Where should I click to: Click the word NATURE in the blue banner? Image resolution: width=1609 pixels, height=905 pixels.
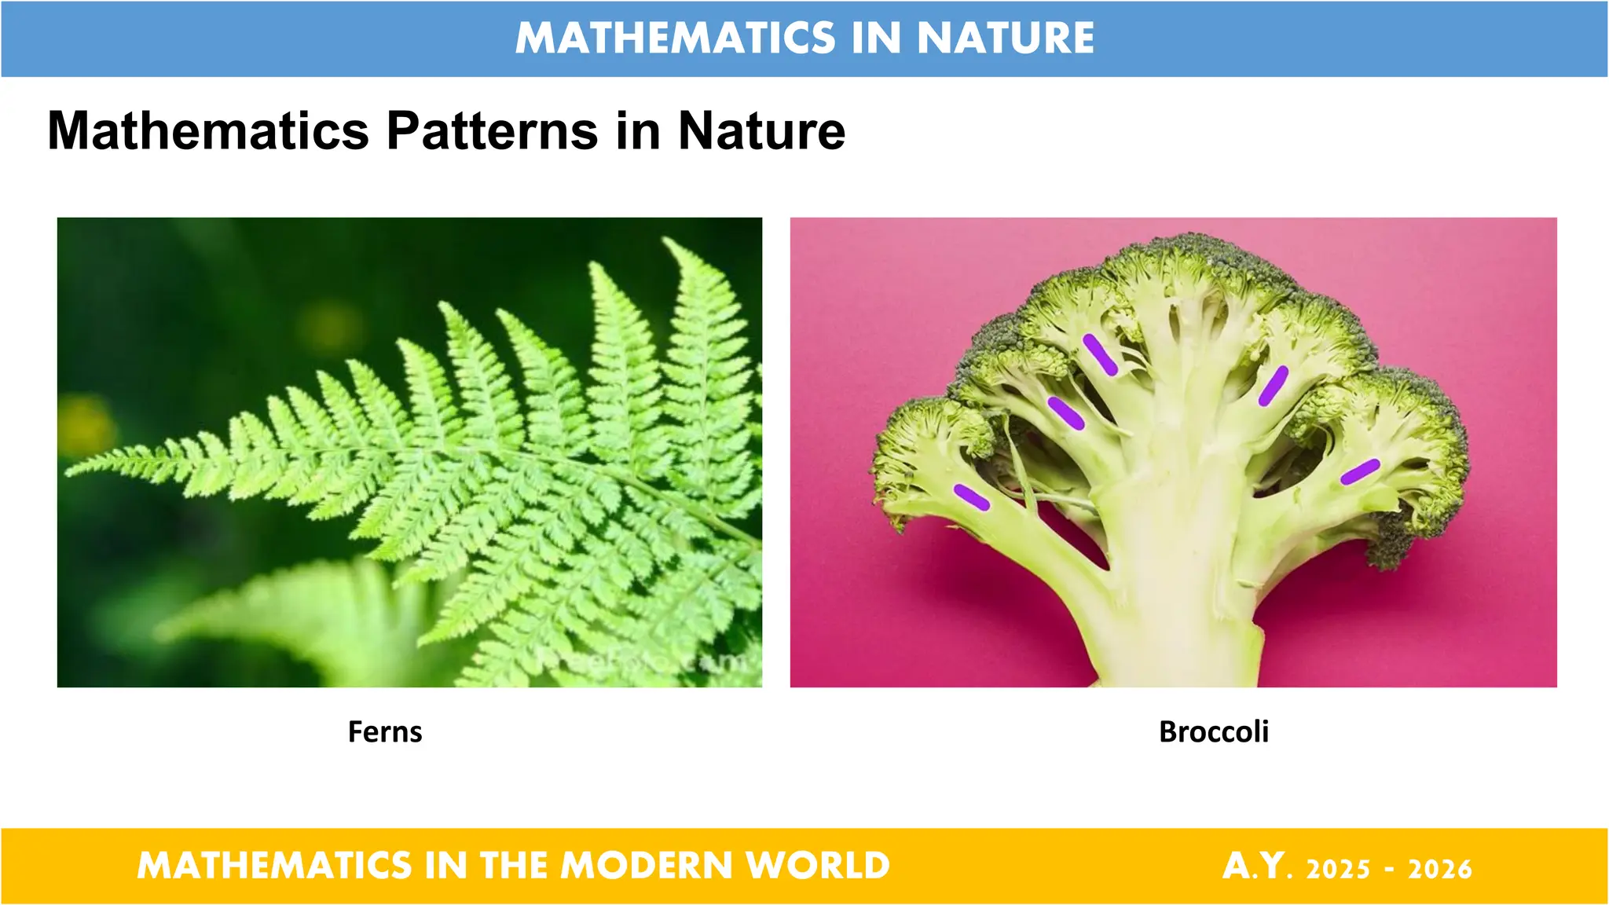click(1006, 38)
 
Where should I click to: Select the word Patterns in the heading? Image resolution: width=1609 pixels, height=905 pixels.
click(492, 130)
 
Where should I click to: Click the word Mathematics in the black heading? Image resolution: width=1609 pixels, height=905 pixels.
click(208, 130)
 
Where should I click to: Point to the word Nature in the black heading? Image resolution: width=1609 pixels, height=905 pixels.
click(761, 130)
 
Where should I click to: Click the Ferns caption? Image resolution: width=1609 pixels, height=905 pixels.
click(385, 732)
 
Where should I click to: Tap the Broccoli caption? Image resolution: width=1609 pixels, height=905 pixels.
click(1214, 732)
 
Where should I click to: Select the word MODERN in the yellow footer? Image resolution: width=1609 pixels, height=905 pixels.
click(646, 866)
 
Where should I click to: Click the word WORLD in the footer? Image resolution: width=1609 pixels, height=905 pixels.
click(818, 866)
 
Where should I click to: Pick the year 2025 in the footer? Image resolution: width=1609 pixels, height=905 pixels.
click(1338, 869)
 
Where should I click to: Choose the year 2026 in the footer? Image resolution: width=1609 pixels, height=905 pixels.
click(1439, 869)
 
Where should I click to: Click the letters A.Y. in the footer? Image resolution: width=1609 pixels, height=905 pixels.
click(1257, 866)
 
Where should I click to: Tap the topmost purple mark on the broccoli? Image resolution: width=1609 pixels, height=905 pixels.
click(1100, 354)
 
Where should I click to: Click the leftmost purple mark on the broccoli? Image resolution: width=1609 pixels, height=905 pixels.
click(972, 497)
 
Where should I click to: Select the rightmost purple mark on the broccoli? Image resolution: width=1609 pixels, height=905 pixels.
click(1360, 471)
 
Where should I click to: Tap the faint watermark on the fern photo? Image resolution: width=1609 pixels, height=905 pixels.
click(640, 661)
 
